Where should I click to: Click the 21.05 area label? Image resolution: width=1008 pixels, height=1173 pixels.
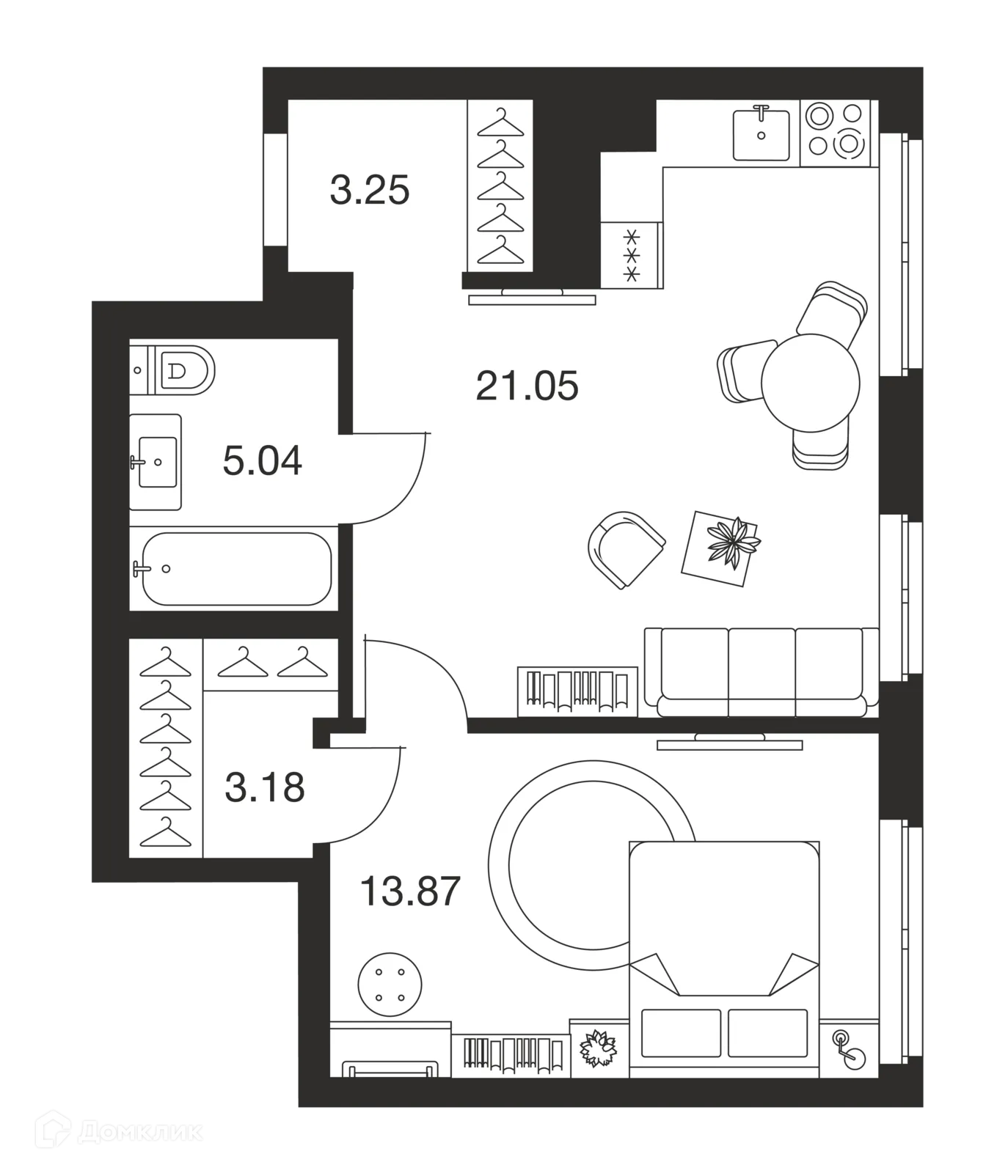(x=527, y=386)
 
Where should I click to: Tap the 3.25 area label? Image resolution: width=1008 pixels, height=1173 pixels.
(x=370, y=191)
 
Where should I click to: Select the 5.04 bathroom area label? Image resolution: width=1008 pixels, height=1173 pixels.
(x=262, y=462)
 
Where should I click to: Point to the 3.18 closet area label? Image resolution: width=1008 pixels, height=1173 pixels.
(x=264, y=788)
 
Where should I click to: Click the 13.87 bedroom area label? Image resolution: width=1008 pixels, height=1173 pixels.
(x=410, y=891)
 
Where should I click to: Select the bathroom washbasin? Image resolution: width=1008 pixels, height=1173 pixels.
(x=156, y=462)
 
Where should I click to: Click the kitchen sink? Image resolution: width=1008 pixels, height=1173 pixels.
(x=762, y=133)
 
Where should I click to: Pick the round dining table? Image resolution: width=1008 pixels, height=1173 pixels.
(x=810, y=382)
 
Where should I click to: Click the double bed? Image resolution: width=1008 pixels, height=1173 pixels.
(x=724, y=959)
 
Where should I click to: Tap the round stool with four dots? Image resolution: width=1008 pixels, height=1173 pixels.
(x=390, y=984)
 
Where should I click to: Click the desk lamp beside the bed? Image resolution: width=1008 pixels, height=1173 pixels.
(x=849, y=1048)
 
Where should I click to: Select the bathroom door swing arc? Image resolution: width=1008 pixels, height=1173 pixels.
(x=396, y=490)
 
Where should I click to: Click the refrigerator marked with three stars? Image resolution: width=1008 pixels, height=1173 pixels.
(x=632, y=254)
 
